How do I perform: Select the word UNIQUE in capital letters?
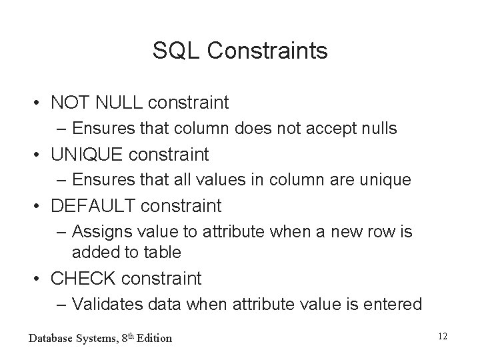(x=87, y=155)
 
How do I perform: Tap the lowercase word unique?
(x=389, y=180)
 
